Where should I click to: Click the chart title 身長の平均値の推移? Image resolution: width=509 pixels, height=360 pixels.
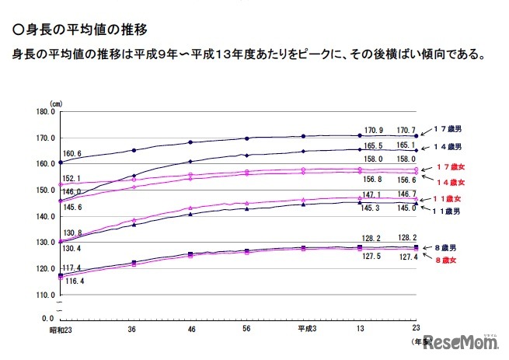[82, 30]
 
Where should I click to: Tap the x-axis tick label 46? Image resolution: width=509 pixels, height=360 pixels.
[190, 330]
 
